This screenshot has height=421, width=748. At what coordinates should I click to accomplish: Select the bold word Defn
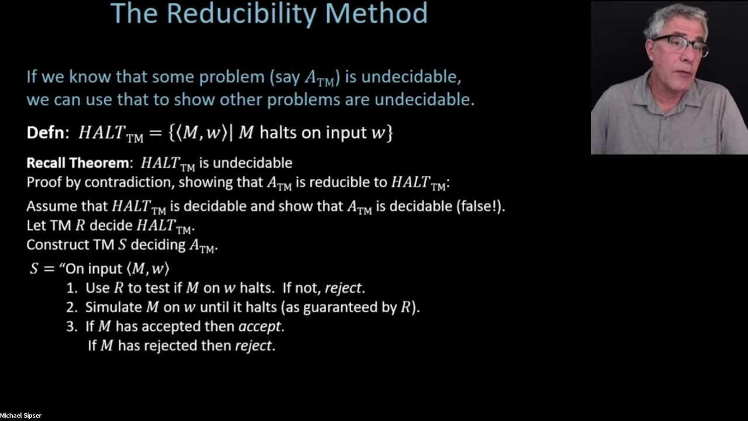coord(48,133)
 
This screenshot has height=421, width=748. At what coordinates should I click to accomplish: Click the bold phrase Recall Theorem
coord(76,163)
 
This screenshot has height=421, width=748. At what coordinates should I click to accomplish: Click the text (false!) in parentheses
coord(476,206)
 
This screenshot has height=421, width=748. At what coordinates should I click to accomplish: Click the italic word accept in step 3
coord(261,326)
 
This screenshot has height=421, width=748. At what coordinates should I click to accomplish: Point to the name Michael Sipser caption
coord(21,416)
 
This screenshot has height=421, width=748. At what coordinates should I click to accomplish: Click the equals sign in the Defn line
coord(155,133)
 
